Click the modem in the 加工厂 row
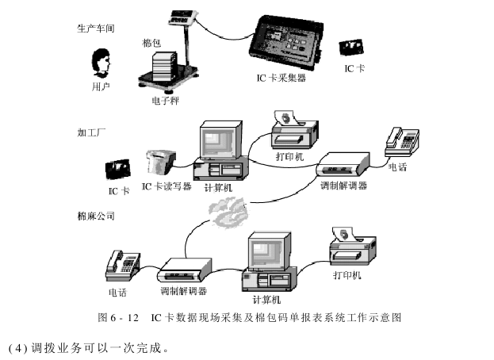(x=343, y=163)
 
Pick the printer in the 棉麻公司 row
(x=354, y=247)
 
